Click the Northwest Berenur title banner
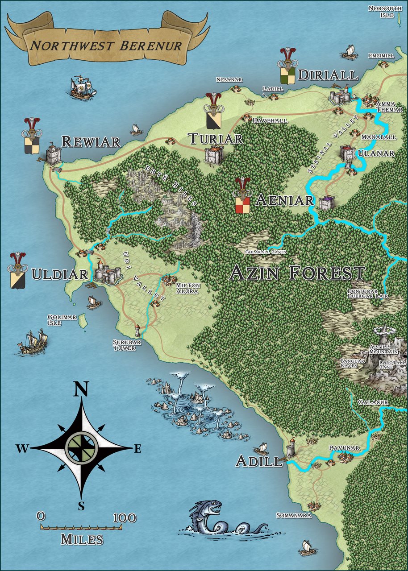[106, 46]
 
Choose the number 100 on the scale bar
[125, 517]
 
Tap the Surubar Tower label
[124, 345]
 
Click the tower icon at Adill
[291, 447]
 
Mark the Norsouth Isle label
[381, 12]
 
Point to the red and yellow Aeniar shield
[242, 206]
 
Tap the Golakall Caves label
[266, 252]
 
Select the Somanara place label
[293, 515]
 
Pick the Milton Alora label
[188, 288]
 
